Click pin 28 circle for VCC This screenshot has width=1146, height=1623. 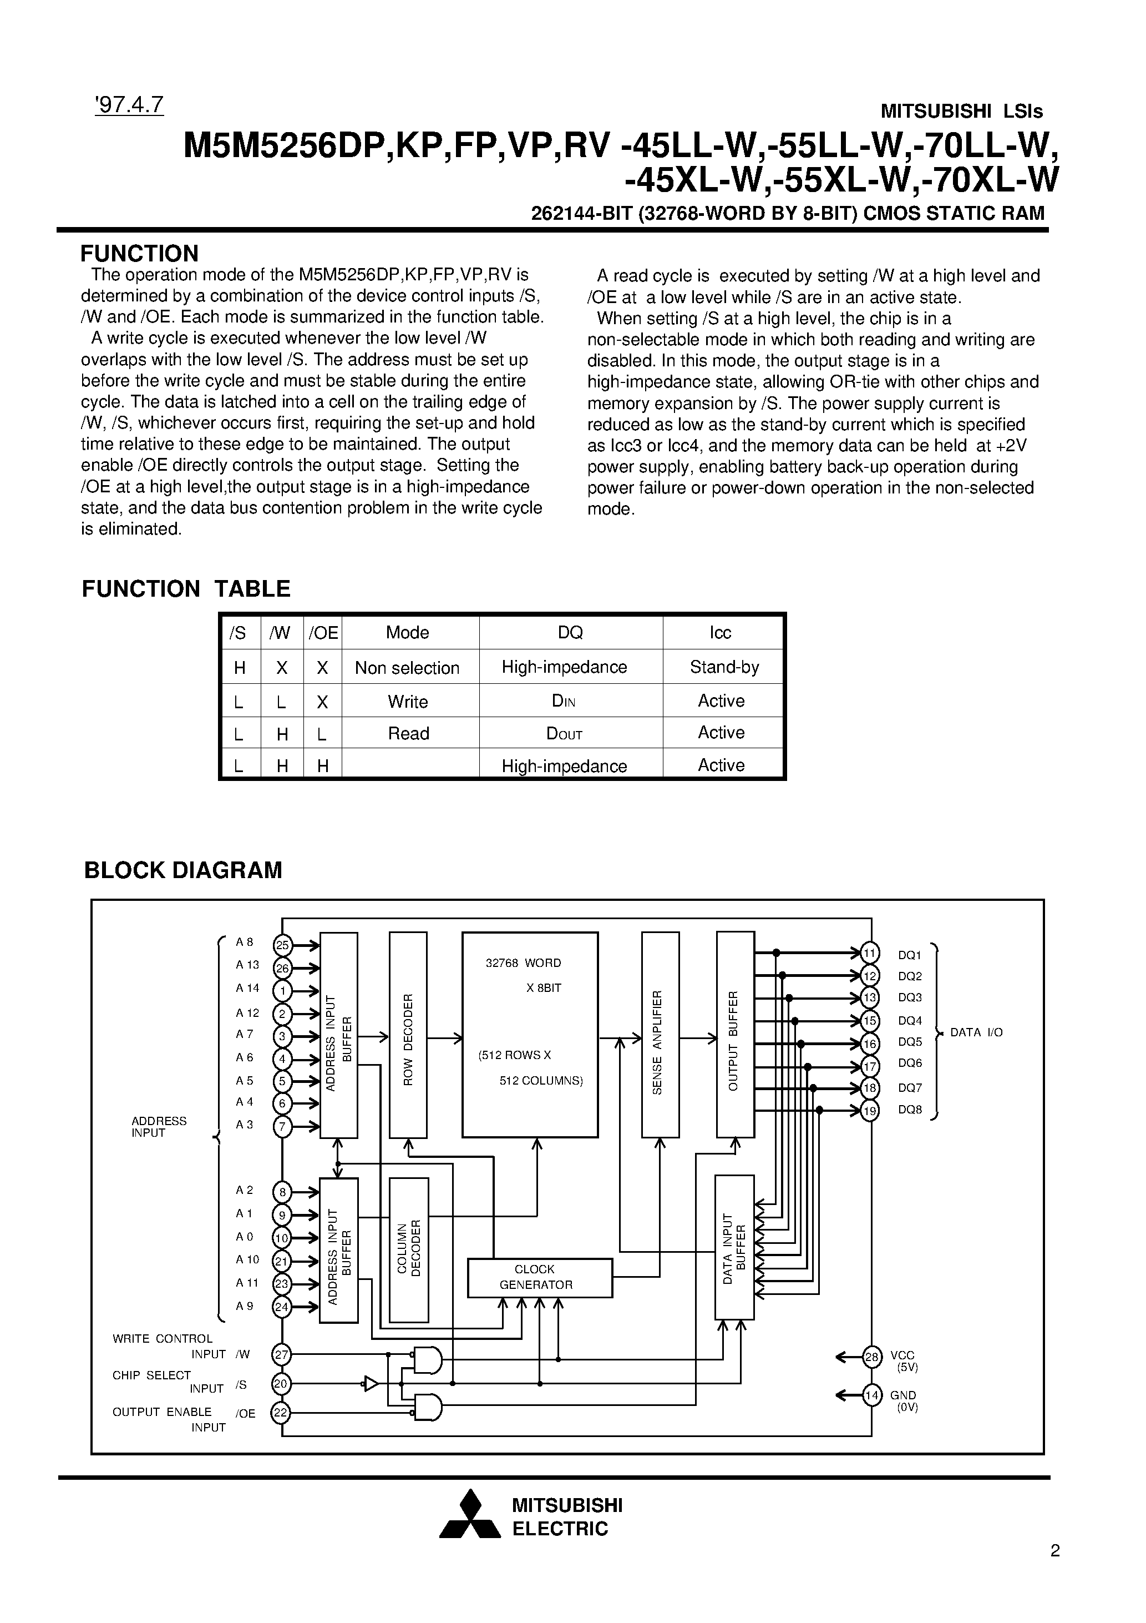tap(873, 1357)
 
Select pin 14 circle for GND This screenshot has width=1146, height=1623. tap(873, 1395)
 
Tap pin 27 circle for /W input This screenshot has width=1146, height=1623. tap(281, 1354)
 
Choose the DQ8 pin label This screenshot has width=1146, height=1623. tap(910, 1110)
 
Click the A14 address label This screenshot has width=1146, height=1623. tap(247, 988)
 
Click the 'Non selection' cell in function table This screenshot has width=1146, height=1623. tap(407, 668)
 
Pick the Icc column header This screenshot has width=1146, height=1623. tap(720, 633)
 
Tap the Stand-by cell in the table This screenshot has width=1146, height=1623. tap(723, 667)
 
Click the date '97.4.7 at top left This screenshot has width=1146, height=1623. tap(129, 104)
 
